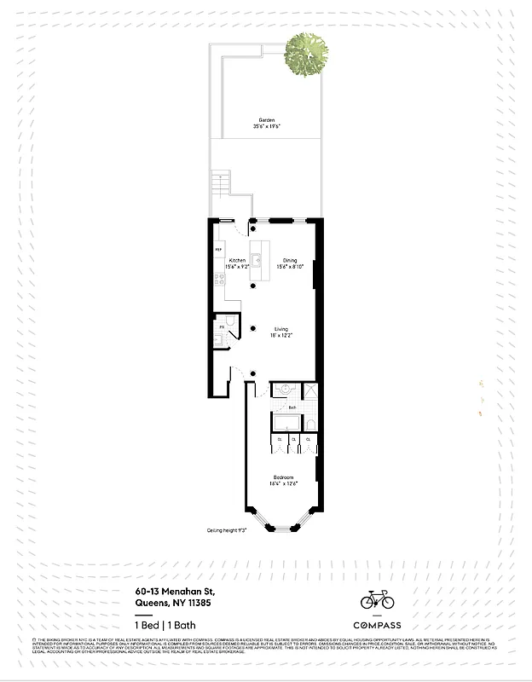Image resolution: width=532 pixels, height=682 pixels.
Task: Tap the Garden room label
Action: [x=267, y=120]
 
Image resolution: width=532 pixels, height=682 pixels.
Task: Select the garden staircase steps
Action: [x=221, y=182]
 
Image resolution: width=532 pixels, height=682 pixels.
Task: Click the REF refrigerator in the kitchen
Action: [x=218, y=250]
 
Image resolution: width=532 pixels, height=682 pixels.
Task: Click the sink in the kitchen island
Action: [x=254, y=260]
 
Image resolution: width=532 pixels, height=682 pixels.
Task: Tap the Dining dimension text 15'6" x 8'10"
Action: [x=291, y=267]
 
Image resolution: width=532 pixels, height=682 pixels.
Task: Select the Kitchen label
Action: [x=236, y=260]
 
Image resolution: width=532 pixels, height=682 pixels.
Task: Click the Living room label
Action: [x=280, y=329]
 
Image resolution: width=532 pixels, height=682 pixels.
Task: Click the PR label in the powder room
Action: [x=221, y=327]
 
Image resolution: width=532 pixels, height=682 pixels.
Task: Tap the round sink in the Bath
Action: [x=283, y=391]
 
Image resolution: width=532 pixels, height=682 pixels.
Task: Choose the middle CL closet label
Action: [x=294, y=440]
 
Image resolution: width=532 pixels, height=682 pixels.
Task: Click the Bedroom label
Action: [x=284, y=477]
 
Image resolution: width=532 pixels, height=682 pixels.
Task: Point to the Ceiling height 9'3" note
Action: [x=226, y=529]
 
